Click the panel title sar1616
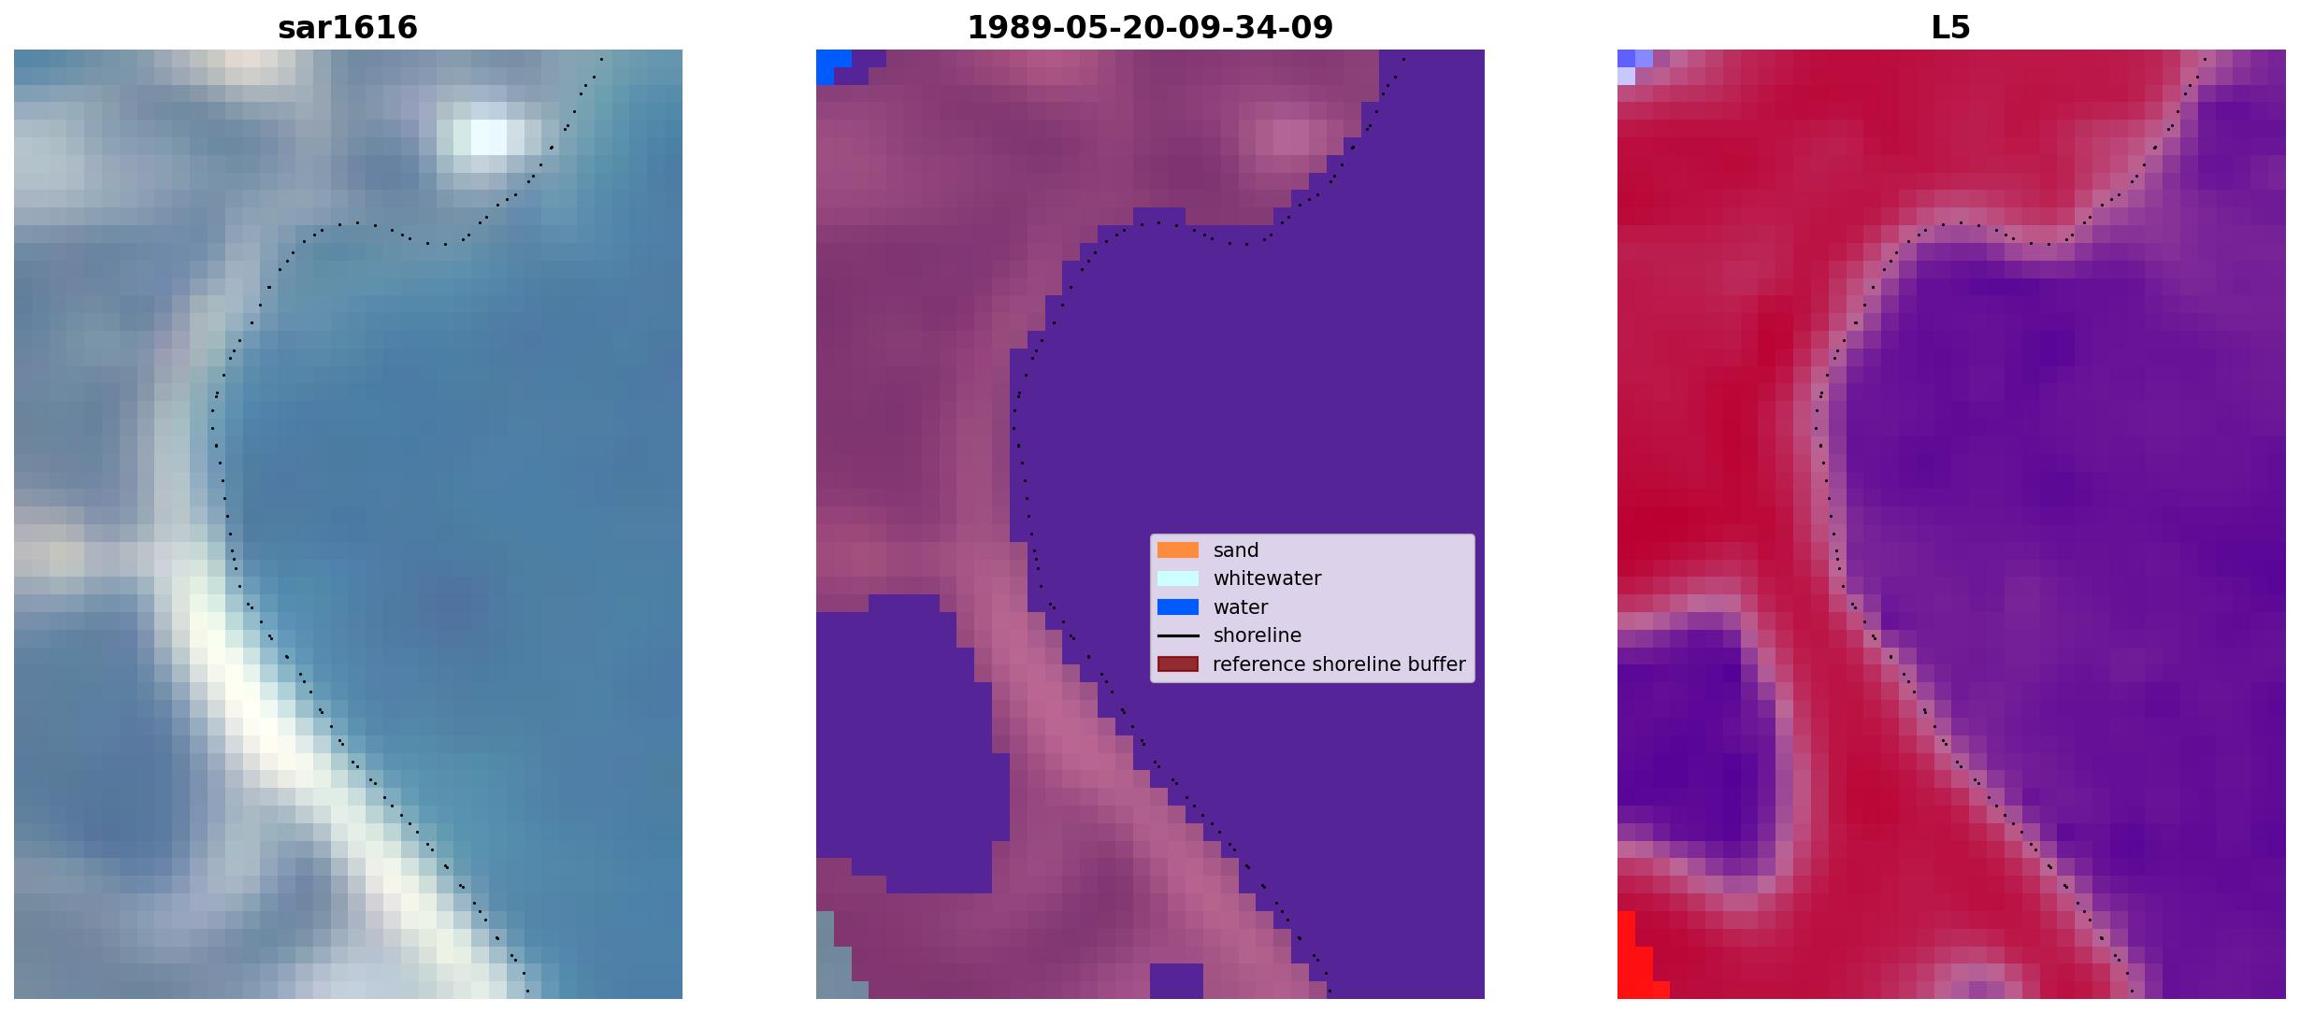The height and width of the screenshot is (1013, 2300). click(348, 28)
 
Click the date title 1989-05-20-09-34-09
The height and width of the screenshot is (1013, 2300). click(1150, 28)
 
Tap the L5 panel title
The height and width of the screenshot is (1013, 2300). click(1951, 28)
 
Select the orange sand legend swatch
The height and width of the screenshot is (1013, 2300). click(1178, 550)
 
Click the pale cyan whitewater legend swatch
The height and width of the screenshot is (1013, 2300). click(1178, 578)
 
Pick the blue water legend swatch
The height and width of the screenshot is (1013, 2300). click(1178, 607)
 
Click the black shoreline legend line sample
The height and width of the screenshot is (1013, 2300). click(1178, 635)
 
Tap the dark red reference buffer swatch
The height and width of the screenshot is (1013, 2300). click(1178, 664)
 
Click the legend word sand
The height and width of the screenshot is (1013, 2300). click(1236, 550)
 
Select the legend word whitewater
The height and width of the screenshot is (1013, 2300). click(1267, 578)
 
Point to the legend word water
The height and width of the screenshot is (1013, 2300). click(1241, 607)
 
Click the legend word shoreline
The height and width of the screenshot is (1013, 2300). click(1258, 635)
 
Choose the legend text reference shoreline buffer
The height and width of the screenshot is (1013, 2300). click(1339, 664)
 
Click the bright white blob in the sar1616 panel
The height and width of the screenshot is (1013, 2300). click(489, 136)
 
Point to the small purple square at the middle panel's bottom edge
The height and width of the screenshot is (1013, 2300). click(1176, 980)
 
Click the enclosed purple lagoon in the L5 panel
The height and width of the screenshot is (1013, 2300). click(1688, 738)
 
